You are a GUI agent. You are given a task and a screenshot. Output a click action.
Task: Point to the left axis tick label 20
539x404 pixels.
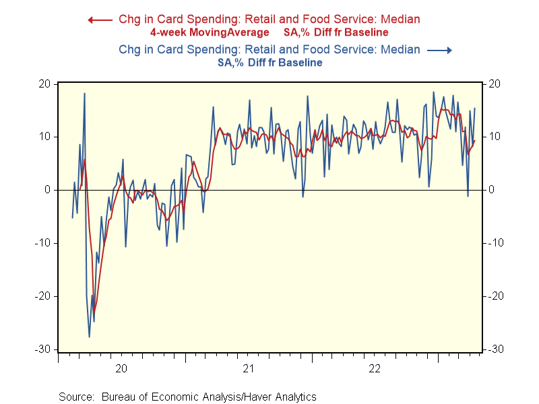tap(45, 84)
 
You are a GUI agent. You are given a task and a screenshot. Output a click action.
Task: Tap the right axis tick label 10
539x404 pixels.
tap(493, 137)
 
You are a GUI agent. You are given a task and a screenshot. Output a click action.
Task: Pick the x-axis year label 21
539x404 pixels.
tap(248, 368)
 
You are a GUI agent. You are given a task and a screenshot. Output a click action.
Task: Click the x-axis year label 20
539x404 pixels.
tap(121, 368)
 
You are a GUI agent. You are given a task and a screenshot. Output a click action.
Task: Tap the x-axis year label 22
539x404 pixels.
tap(375, 368)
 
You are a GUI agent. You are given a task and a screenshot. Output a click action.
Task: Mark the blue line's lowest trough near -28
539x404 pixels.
tap(90, 337)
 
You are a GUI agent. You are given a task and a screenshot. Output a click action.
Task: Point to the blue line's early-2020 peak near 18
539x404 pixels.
tap(84, 94)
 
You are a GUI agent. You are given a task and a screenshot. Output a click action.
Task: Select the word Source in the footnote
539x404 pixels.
tap(75, 397)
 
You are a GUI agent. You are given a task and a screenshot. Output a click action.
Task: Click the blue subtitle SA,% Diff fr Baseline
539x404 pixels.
tap(269, 62)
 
